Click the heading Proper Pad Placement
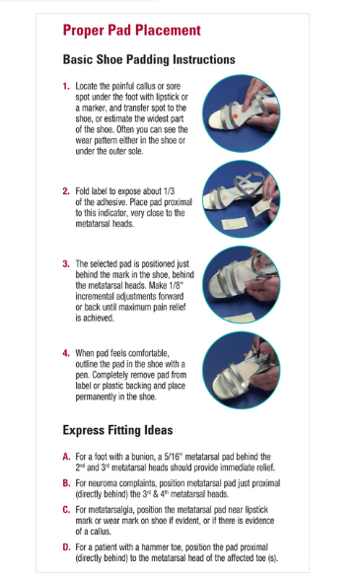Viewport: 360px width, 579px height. click(x=132, y=31)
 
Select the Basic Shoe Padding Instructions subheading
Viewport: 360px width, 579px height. click(x=149, y=59)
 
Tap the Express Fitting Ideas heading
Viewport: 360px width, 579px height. click(x=117, y=430)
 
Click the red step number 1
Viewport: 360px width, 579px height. click(x=66, y=86)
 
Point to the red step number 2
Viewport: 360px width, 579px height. click(x=66, y=191)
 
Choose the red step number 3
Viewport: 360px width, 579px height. click(x=66, y=264)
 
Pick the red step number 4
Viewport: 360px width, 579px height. click(x=66, y=353)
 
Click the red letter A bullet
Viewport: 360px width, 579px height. click(x=66, y=457)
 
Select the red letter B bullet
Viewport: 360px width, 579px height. click(x=66, y=483)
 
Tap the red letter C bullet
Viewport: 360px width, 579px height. click(x=66, y=510)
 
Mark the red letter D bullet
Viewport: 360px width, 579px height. click(x=66, y=547)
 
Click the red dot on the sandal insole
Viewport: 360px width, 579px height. click(x=235, y=116)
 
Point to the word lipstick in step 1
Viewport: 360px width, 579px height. click(x=169, y=97)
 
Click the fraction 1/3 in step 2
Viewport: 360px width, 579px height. click(x=169, y=191)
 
